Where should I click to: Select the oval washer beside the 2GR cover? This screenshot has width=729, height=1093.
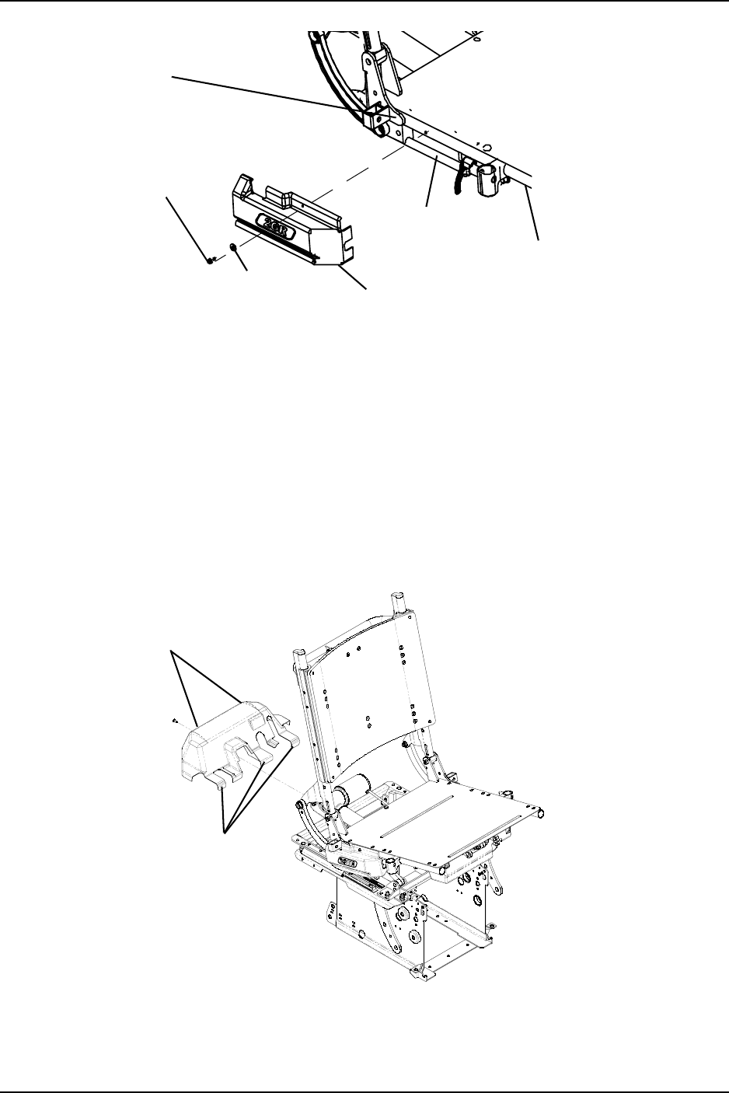point(232,248)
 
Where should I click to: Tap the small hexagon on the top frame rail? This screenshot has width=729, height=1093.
point(485,145)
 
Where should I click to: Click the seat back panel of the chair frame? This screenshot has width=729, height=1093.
point(365,700)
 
